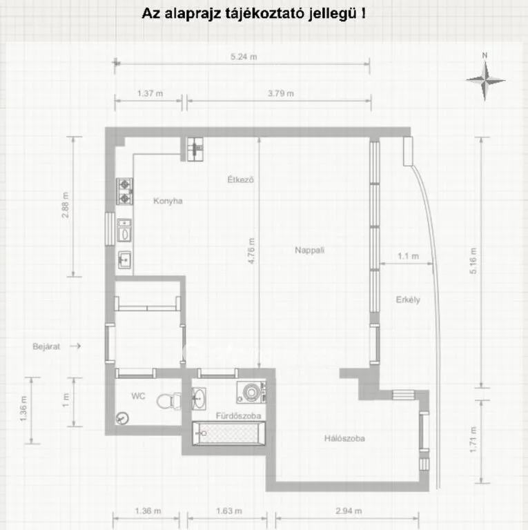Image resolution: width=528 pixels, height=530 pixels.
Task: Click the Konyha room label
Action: coord(168,201)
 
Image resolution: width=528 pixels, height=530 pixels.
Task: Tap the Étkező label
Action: coord(240,179)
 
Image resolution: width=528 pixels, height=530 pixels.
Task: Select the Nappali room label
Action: coord(310,250)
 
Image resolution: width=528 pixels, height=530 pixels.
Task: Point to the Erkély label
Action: coord(408,300)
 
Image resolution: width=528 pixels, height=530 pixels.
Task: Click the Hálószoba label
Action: coord(344,438)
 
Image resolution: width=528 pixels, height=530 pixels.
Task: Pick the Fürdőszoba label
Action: coord(238,415)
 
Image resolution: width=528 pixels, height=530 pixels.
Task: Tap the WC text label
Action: coord(138,396)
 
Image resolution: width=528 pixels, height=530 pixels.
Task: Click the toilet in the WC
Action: coord(169,401)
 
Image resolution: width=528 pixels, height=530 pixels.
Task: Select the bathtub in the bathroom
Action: coord(229,433)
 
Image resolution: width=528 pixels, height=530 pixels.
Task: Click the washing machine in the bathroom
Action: coord(251,392)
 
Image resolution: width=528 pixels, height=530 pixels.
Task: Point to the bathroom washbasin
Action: coord(199,398)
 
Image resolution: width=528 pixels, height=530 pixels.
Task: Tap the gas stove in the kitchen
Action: coord(124,191)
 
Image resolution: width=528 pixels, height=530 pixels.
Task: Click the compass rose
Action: coord(485,81)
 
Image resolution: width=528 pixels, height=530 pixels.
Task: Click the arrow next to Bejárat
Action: coord(75,346)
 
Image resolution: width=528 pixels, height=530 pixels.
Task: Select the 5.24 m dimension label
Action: coord(244,57)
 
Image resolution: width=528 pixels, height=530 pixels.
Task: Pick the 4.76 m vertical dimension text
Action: coord(251,251)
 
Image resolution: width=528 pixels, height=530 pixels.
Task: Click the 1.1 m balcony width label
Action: coord(409,256)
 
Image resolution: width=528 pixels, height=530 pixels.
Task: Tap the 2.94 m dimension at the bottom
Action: coord(349,511)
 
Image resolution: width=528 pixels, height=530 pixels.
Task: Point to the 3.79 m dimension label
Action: coord(280,93)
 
